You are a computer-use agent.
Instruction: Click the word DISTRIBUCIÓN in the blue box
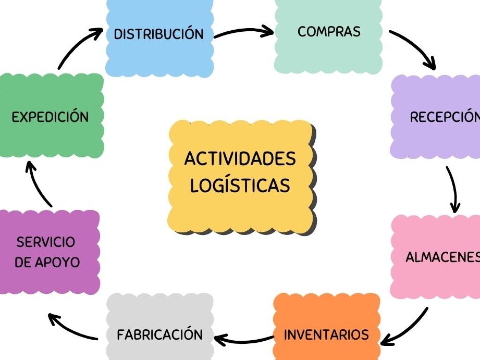coord(158,34)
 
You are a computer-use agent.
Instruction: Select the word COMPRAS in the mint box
coord(329,31)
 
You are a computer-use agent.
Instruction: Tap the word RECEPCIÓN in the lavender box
coord(444,117)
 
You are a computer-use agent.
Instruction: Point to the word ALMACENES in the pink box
coord(442,258)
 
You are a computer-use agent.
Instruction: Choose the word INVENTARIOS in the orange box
coord(326,334)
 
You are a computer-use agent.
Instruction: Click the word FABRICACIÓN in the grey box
coord(159,334)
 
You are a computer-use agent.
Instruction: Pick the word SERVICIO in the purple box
coord(46,242)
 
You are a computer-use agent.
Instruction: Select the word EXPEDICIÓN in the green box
coord(50,117)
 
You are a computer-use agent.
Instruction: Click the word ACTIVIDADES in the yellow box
coord(240,158)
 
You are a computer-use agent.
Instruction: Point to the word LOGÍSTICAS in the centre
coord(240,185)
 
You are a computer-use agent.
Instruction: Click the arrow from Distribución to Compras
coord(243,32)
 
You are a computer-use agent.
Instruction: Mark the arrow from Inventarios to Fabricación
coord(243,340)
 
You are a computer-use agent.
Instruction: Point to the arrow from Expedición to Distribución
coord(78,47)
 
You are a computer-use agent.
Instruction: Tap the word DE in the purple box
coord(23,262)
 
